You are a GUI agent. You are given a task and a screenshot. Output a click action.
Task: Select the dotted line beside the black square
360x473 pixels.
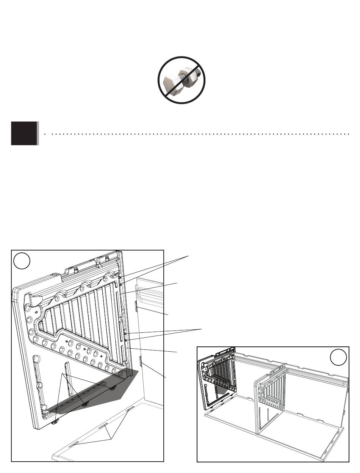coord(197,134)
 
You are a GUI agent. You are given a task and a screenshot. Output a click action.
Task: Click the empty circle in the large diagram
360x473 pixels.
coord(22,261)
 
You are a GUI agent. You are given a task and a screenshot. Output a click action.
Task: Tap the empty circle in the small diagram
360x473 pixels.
coord(338,357)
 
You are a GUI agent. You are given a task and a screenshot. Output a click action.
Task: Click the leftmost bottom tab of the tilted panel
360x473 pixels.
coord(55,421)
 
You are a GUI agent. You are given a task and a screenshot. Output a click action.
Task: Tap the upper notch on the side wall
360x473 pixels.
coord(137,306)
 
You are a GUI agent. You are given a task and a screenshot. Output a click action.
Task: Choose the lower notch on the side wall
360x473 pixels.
coord(141,361)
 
